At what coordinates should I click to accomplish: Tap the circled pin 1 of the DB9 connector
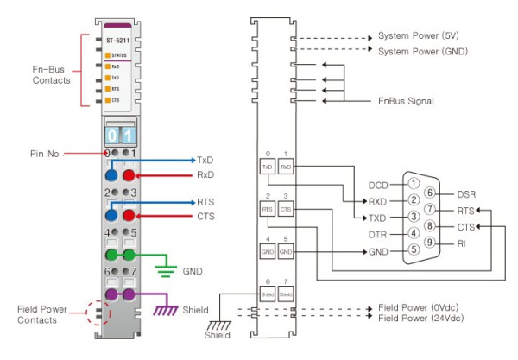414,184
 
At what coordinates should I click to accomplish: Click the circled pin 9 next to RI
439,243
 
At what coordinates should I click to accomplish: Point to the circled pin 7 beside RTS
439,210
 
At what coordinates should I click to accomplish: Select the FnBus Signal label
406,101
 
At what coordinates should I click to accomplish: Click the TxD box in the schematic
268,166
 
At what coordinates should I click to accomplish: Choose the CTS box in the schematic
287,209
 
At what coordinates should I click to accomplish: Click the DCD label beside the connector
378,184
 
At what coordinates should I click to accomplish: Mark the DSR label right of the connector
467,193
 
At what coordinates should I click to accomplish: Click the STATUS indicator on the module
117,55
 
